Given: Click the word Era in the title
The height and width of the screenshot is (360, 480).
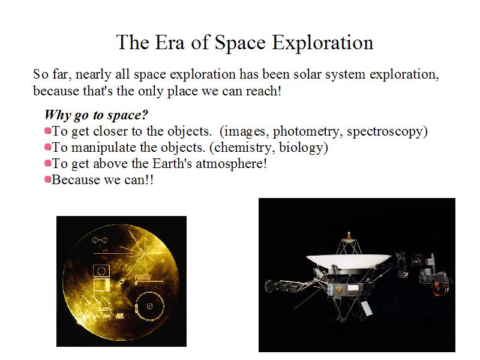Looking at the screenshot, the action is (170, 42).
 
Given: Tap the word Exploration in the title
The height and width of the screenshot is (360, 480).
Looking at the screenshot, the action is (323, 43).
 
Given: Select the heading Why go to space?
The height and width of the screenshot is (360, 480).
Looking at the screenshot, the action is (96, 115).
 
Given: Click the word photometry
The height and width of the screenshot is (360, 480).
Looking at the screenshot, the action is (306, 131).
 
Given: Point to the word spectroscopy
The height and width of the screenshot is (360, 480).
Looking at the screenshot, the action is (385, 131).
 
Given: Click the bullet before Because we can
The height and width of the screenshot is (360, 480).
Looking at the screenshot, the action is (47, 179).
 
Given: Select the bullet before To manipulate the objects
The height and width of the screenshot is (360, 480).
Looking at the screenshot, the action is (47, 147).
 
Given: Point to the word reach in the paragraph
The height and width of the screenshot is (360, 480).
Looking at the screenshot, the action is (262, 91).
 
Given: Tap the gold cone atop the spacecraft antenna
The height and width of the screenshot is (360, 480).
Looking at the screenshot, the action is (349, 236).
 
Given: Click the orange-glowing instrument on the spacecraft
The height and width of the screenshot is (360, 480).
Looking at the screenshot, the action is (438, 289).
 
